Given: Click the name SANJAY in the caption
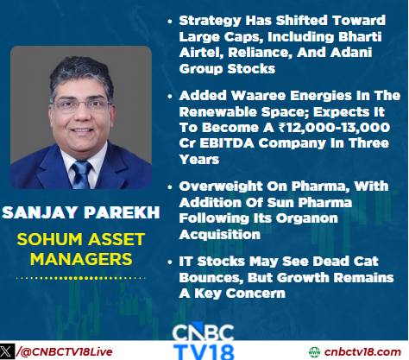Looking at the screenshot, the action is pyautogui.click(x=40, y=212).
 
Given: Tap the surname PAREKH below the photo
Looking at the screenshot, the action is pyautogui.click(x=122, y=212).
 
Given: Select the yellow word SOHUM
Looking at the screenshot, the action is pyautogui.click(x=49, y=239).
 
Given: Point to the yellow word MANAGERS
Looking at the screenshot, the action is pyautogui.click(x=81, y=259).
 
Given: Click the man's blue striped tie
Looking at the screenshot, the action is pyautogui.click(x=82, y=174).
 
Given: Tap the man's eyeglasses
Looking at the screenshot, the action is pyautogui.click(x=82, y=105).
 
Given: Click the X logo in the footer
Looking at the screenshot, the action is pyautogui.click(x=7, y=351).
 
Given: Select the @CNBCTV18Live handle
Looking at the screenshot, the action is pyautogui.click(x=65, y=351).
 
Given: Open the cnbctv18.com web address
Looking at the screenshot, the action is pyautogui.click(x=362, y=351).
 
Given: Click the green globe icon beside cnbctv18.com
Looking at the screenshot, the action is pyautogui.click(x=314, y=352).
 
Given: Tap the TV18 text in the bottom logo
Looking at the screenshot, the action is pyautogui.click(x=204, y=351).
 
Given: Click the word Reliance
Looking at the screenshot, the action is pyautogui.click(x=260, y=53).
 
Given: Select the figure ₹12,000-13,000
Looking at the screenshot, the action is pyautogui.click(x=334, y=128).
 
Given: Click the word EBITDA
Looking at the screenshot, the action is pyautogui.click(x=227, y=143).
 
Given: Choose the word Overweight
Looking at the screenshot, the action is pyautogui.click(x=221, y=186).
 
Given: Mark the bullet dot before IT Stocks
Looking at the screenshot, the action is pyautogui.click(x=170, y=262).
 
